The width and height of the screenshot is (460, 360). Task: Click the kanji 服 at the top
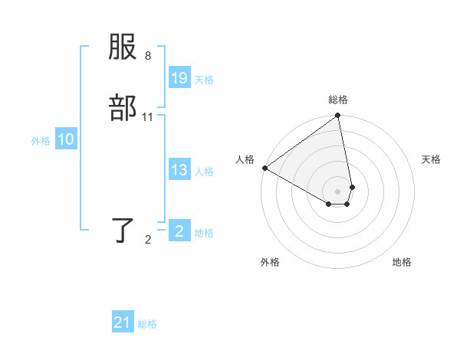[x=123, y=48]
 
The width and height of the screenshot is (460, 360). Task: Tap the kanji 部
[x=123, y=108]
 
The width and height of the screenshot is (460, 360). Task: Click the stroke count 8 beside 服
[x=147, y=56]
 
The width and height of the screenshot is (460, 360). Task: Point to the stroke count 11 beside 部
[x=147, y=116]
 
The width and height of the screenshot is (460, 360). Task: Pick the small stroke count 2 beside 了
[x=147, y=240]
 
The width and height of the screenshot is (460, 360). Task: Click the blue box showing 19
[x=179, y=78]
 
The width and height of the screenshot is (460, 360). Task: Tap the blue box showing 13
[x=179, y=170]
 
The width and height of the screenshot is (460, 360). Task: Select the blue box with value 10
[x=65, y=139]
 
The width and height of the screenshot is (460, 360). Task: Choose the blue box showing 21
[x=123, y=322]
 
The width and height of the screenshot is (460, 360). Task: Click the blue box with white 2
[x=179, y=231]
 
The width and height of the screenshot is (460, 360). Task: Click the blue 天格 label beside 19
[x=204, y=80]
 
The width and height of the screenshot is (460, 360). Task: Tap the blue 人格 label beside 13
[x=204, y=172]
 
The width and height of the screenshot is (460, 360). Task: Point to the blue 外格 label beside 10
[x=41, y=141]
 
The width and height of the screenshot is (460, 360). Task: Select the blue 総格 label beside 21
[x=147, y=324]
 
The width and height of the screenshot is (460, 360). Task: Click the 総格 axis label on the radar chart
[x=338, y=100]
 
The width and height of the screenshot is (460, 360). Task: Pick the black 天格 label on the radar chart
[x=431, y=159]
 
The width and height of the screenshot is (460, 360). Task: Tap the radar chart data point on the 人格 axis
[x=264, y=168]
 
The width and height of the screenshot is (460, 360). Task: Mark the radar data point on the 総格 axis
[x=337, y=116]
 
